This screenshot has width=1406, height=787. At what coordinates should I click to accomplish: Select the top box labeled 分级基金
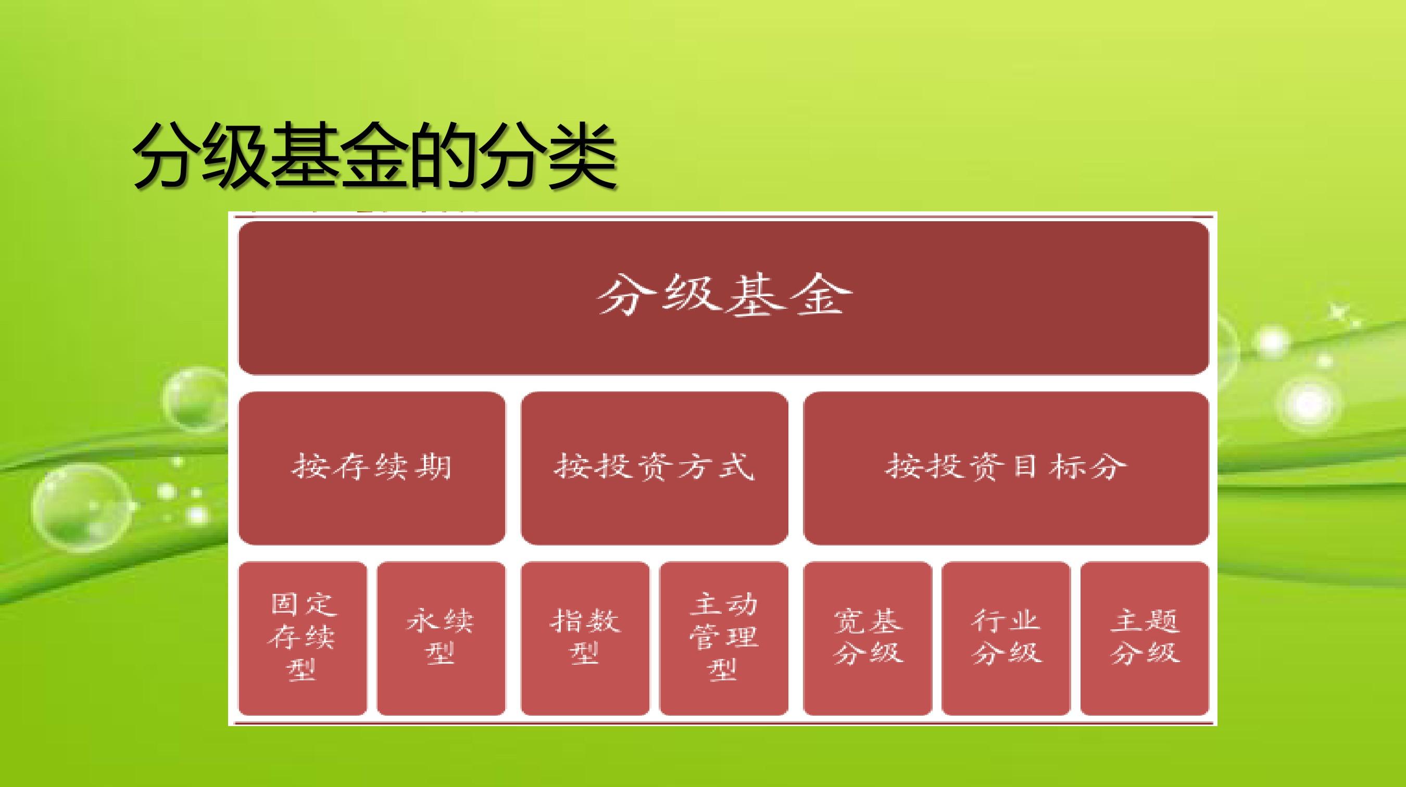(724, 298)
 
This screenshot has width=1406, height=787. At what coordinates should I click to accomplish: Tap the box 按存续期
(372, 468)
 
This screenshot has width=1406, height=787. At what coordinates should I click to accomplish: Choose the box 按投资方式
(655, 468)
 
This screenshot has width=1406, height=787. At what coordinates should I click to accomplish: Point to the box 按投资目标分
(1006, 468)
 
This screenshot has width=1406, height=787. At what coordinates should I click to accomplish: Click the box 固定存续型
(303, 638)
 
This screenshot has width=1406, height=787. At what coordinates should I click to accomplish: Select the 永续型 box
(441, 638)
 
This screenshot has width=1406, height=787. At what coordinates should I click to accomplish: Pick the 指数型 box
(585, 638)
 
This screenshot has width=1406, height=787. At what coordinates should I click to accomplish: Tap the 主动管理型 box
(724, 638)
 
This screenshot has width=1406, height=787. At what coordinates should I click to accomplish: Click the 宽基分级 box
(867, 638)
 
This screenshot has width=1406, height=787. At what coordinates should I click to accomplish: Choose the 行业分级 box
(1006, 638)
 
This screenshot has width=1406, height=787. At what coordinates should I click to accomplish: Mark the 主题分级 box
(1145, 638)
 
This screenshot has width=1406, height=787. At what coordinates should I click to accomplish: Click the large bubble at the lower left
(83, 510)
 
